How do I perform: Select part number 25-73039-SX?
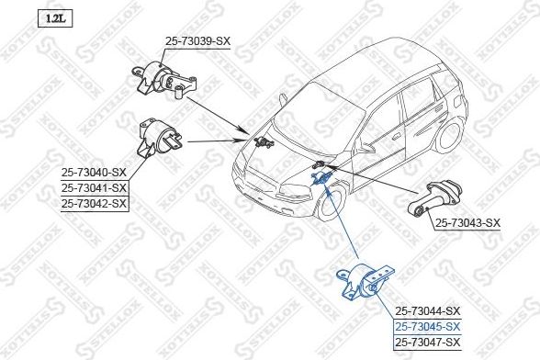coord(198,40)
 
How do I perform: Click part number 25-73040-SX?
coord(94,172)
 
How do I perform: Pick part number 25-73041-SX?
coord(94,188)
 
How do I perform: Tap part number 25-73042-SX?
coord(94,204)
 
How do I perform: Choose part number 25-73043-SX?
coord(467,222)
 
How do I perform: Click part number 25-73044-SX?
coord(427,310)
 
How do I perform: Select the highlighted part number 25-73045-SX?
coord(427,326)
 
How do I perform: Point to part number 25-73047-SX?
coord(427,342)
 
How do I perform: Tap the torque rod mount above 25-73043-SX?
coord(441,196)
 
